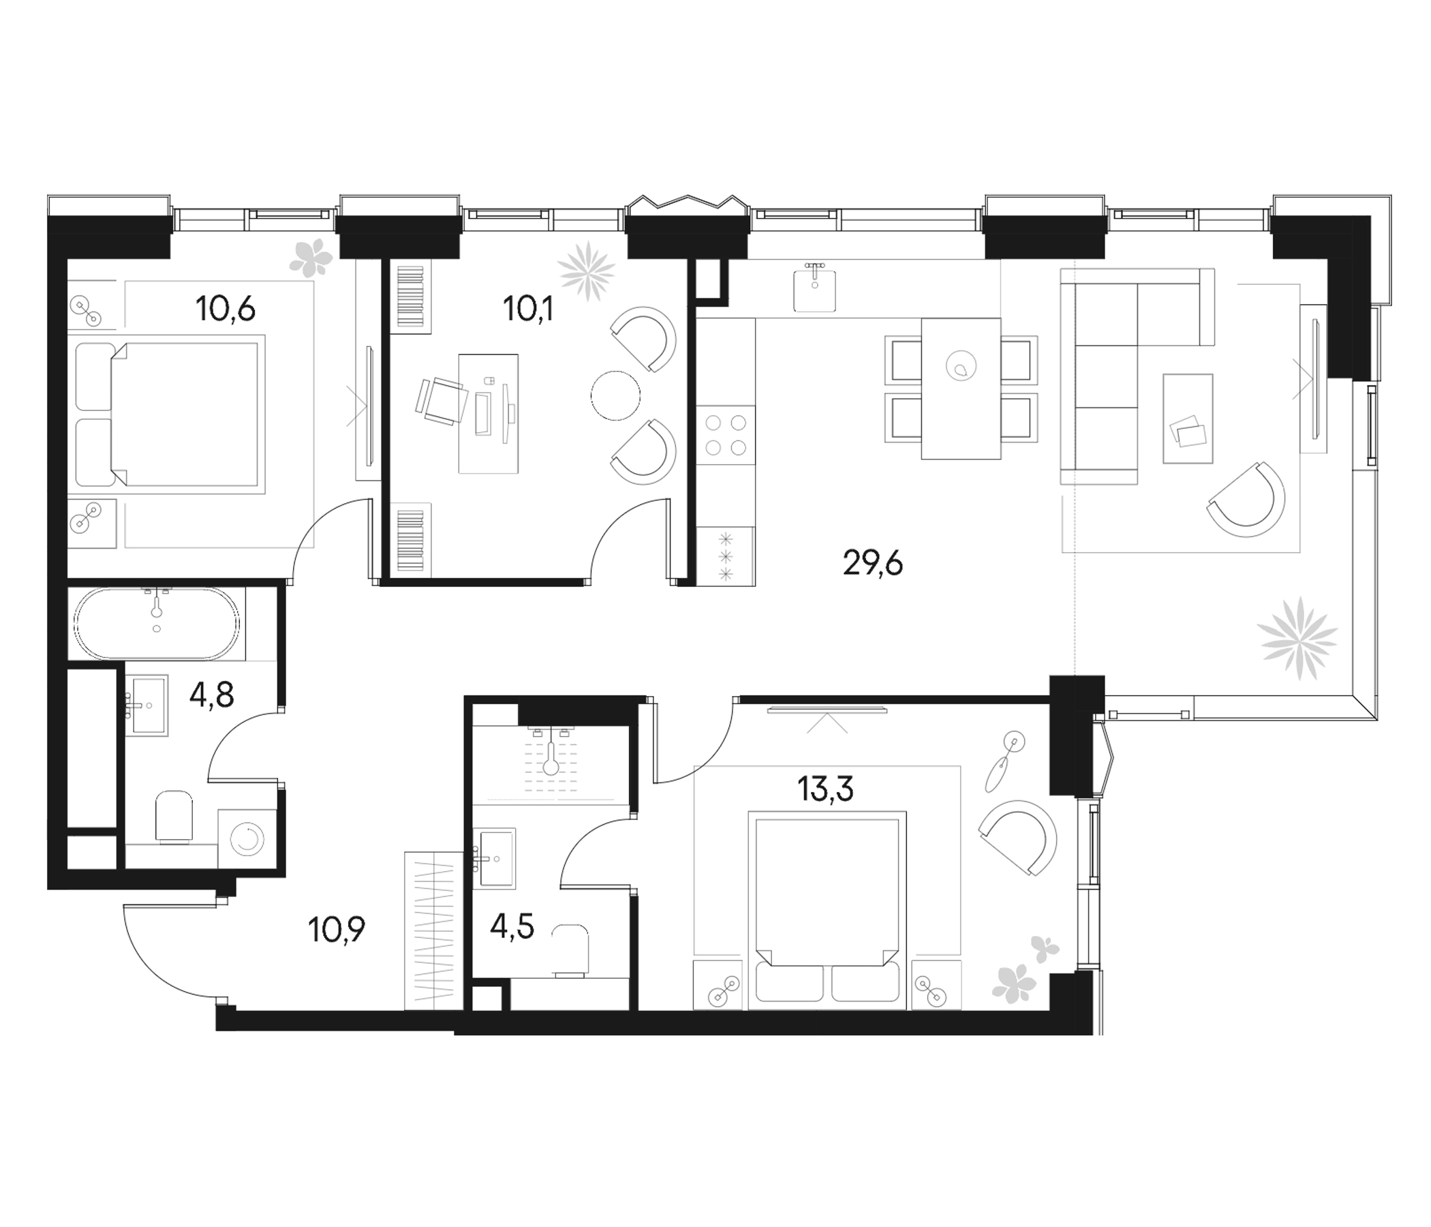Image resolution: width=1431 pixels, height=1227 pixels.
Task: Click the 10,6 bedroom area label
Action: pos(225,309)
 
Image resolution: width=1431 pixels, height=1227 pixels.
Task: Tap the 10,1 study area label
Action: pos(528,309)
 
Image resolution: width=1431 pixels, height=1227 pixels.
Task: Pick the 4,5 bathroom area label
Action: pos(512,926)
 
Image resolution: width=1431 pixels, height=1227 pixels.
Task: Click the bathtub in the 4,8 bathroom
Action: pos(157,622)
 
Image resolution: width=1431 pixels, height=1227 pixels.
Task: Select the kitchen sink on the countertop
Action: pos(815,290)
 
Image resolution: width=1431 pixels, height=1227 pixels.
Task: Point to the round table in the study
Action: pos(615,395)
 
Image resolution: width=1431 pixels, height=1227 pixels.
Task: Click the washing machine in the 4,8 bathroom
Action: pos(247,838)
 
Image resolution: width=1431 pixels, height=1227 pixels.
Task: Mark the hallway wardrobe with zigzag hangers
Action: pos(433,930)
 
